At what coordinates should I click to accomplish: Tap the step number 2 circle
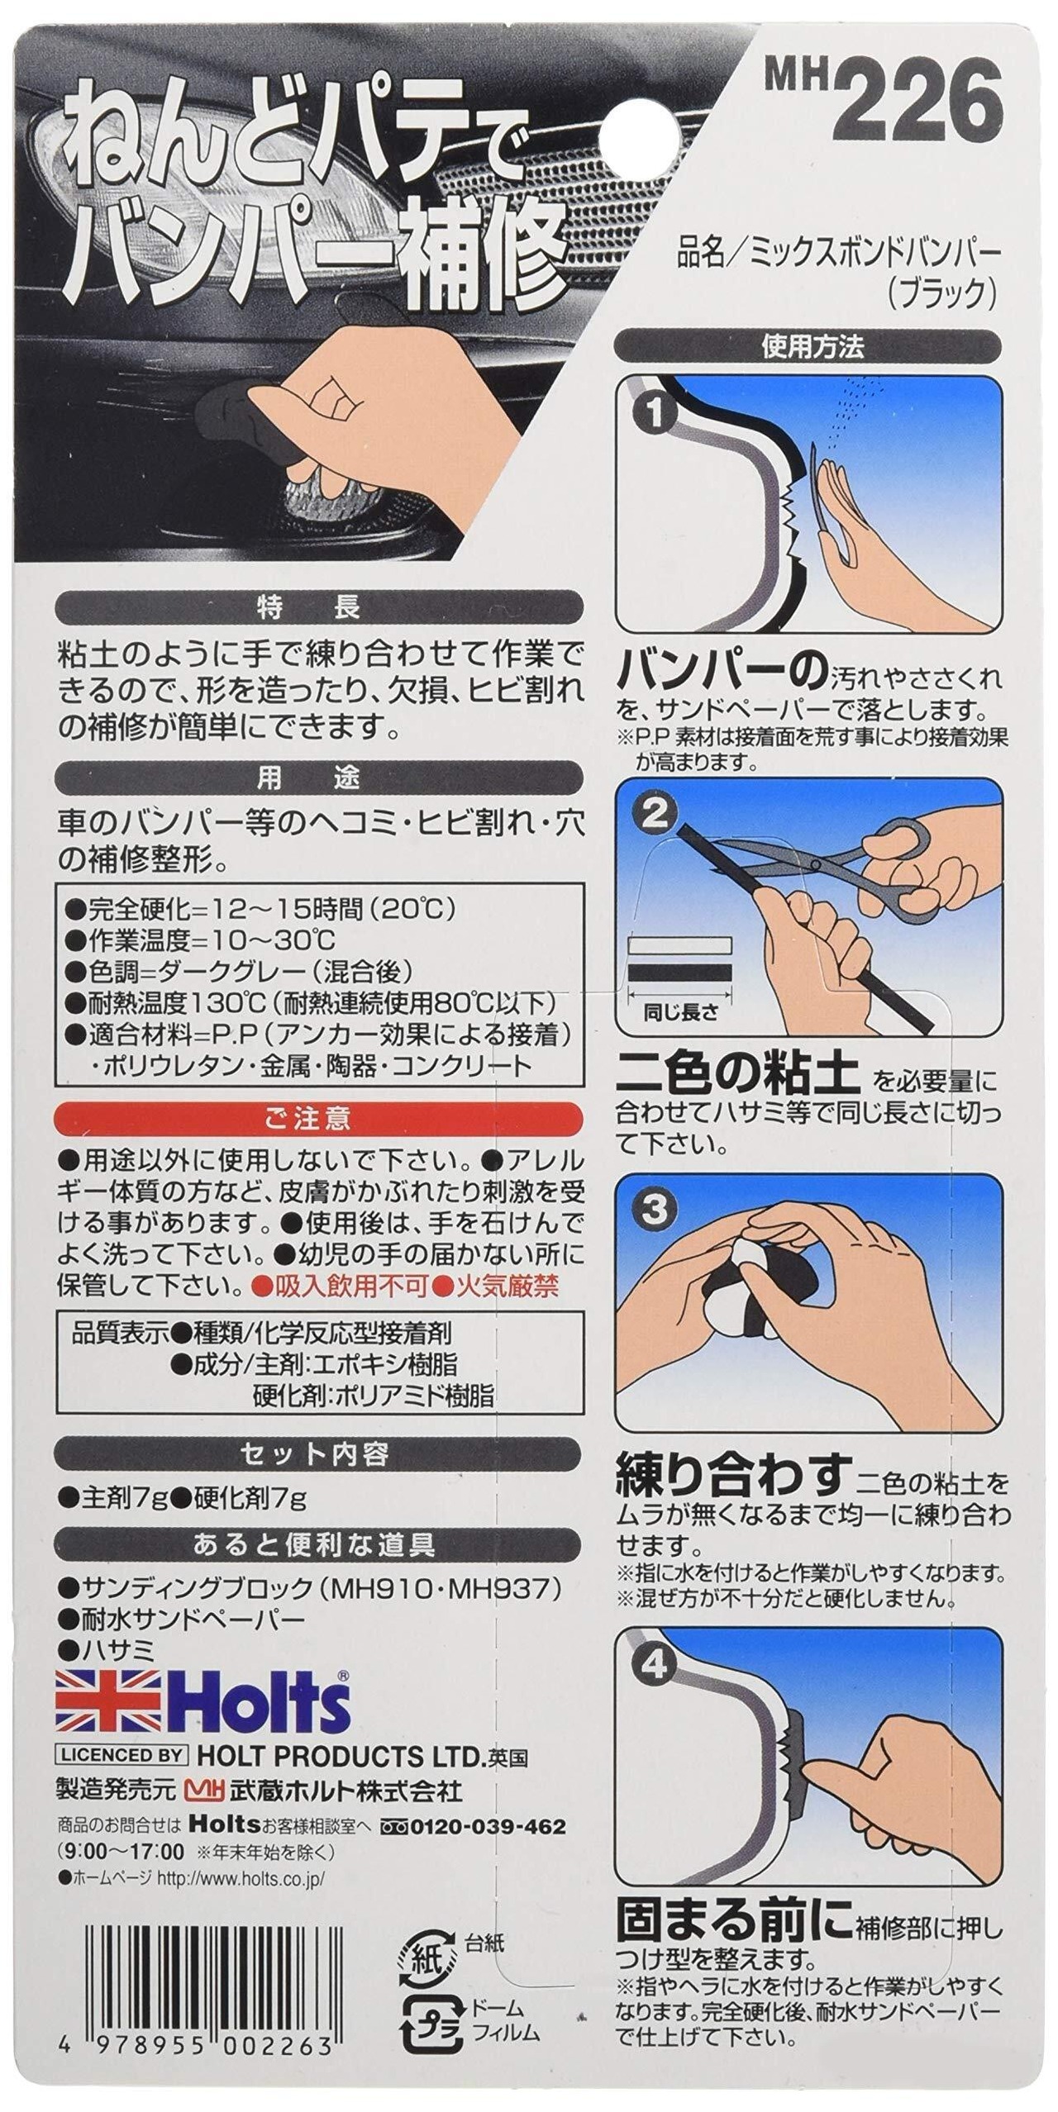pyautogui.click(x=655, y=816)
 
